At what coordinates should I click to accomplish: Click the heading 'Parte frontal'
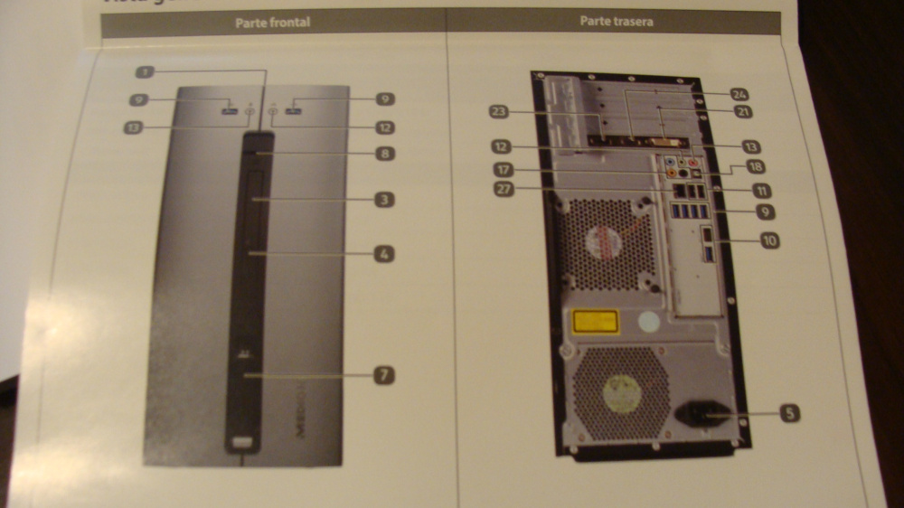point(272,23)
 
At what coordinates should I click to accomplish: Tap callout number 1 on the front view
point(147,71)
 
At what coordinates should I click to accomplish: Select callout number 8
point(384,154)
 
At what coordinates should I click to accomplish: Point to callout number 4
point(384,254)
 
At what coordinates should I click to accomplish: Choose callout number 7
point(384,374)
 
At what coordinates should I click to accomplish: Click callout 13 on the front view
point(135,128)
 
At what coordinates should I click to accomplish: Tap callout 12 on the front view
point(384,128)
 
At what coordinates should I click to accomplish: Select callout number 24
point(740,94)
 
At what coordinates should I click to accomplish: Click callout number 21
point(744,111)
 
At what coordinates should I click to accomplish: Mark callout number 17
point(504,169)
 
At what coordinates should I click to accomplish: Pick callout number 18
point(754,167)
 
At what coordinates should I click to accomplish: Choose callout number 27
point(504,189)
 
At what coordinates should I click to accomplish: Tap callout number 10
point(769,240)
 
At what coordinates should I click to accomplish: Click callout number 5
point(788,414)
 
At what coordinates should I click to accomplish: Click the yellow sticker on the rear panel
point(592,321)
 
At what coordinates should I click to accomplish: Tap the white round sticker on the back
point(648,321)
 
